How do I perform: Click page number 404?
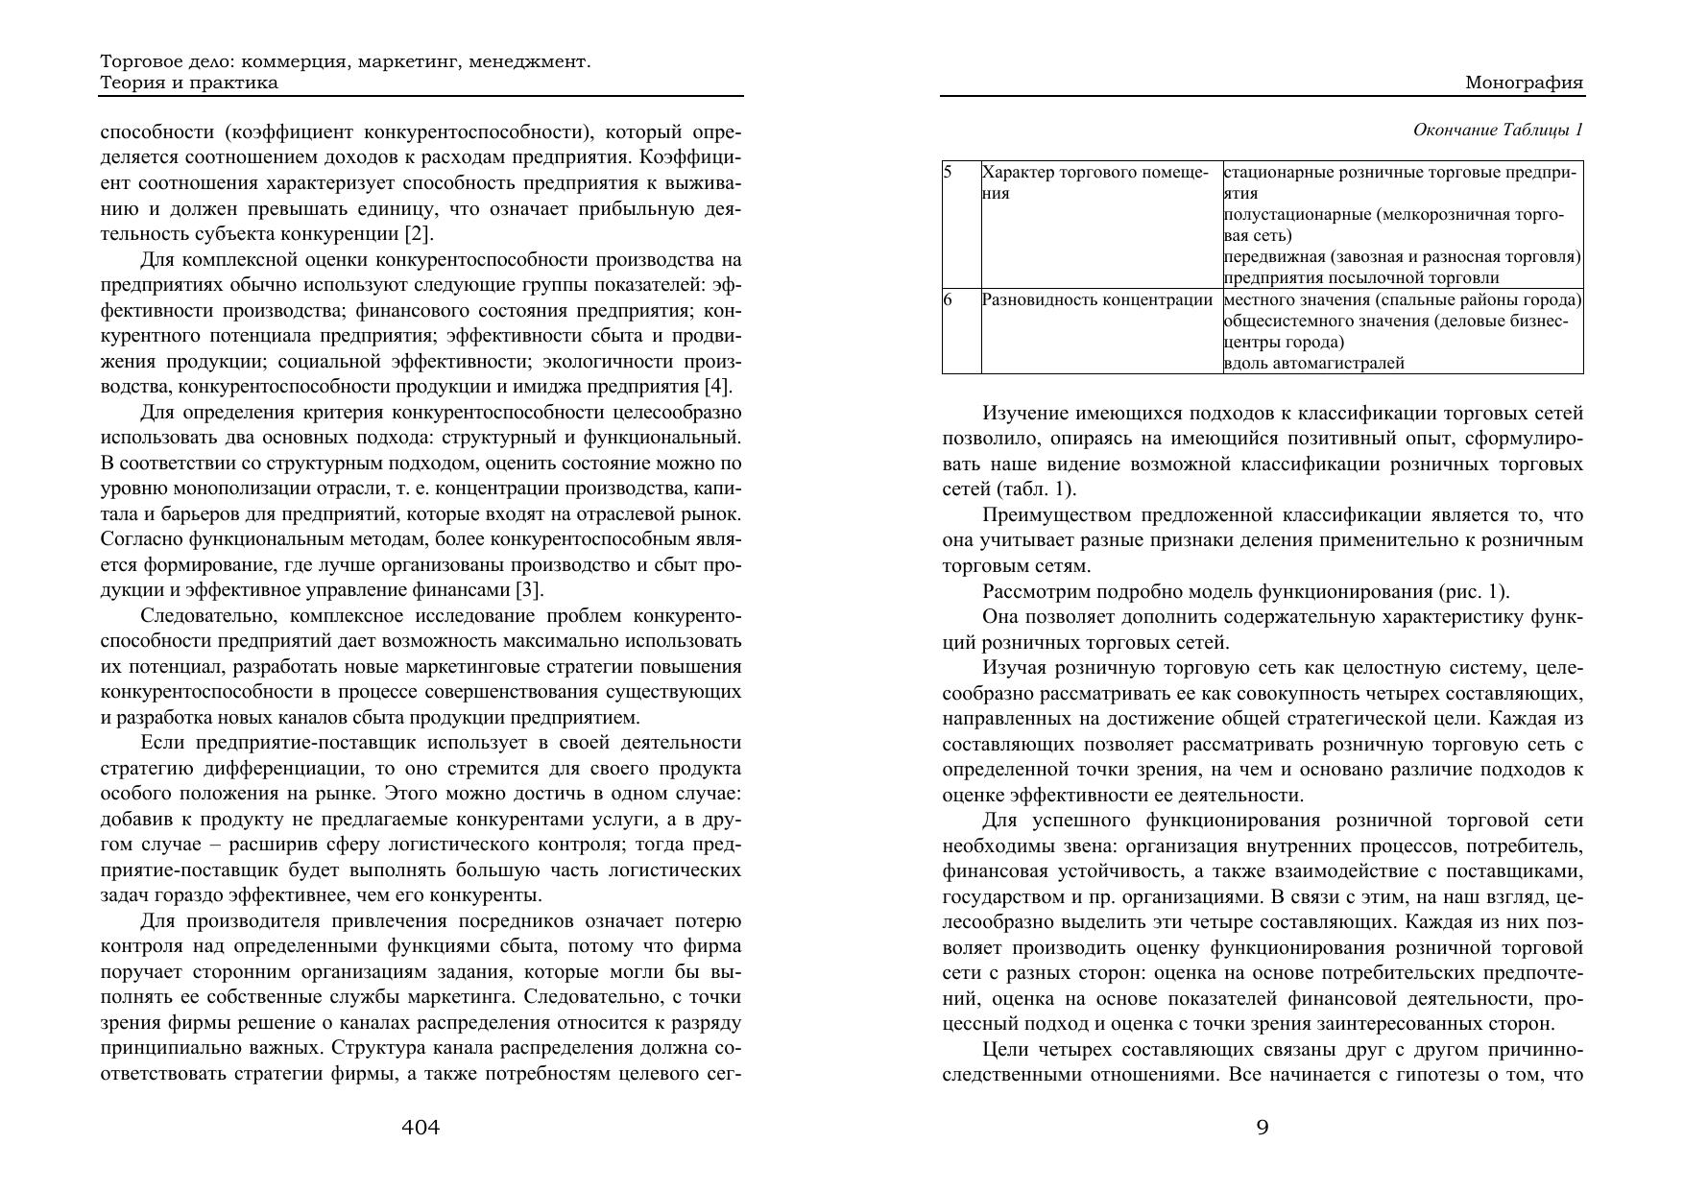pos(421,1128)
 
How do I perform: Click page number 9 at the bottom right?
pos(1263,1128)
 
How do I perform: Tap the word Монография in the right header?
pos(1524,83)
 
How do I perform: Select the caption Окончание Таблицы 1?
pos(1498,130)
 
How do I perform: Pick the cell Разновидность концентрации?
pos(1096,299)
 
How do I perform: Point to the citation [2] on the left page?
pos(419,234)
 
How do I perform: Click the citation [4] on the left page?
pos(718,387)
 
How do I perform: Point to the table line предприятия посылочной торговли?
pos(1360,278)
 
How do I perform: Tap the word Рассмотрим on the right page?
pos(1034,591)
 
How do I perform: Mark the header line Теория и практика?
pos(189,83)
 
